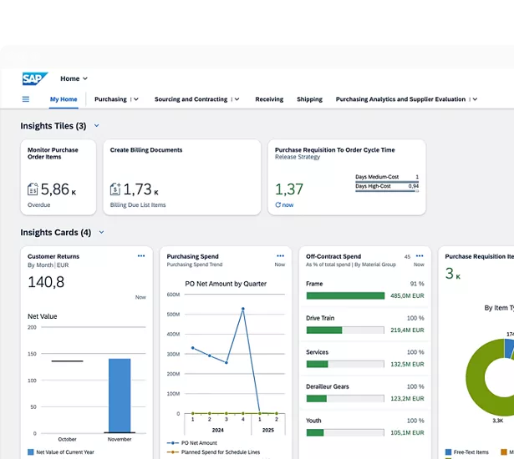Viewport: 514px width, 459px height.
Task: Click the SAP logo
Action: (x=34, y=78)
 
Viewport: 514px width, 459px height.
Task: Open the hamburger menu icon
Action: (x=26, y=99)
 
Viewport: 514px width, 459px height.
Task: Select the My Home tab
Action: (x=64, y=99)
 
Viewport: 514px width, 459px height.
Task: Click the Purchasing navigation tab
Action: (x=110, y=99)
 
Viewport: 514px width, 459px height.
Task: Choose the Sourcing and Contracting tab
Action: (x=191, y=99)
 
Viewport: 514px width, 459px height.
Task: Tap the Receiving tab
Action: (x=269, y=99)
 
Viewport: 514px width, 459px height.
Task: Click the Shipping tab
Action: (x=309, y=99)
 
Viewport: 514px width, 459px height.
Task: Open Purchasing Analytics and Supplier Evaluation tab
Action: (x=400, y=99)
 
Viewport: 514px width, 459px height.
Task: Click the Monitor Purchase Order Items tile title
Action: (x=53, y=154)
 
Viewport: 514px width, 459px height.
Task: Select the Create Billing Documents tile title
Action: (x=146, y=150)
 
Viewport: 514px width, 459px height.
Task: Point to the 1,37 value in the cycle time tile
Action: (x=289, y=189)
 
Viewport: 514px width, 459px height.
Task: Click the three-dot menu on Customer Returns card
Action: (x=141, y=255)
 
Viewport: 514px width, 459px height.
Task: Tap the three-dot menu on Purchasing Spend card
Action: (x=280, y=255)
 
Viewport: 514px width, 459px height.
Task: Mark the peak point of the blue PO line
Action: (x=243, y=309)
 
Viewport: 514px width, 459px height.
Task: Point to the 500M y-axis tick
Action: (x=172, y=315)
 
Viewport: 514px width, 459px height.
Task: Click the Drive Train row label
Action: (x=321, y=318)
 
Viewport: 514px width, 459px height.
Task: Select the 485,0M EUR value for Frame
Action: (x=407, y=295)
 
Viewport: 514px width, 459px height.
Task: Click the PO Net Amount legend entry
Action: (x=199, y=443)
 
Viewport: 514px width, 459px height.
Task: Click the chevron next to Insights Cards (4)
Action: (x=102, y=233)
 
